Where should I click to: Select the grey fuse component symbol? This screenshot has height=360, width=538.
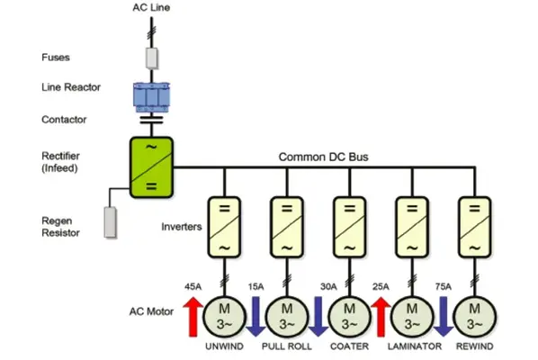pos(151,58)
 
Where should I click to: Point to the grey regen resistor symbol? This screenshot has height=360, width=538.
pos(111,221)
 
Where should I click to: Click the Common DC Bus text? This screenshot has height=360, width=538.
pos(321,157)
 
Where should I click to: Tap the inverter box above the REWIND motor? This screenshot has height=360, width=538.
pos(471,224)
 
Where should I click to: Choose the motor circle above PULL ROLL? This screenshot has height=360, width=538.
pos(284,316)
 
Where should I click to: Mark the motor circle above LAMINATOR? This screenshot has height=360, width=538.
pos(409,316)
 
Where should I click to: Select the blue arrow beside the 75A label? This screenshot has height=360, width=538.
pos(443,317)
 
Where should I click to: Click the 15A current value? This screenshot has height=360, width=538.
pos(256,287)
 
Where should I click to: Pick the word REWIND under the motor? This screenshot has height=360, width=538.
pos(472,346)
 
